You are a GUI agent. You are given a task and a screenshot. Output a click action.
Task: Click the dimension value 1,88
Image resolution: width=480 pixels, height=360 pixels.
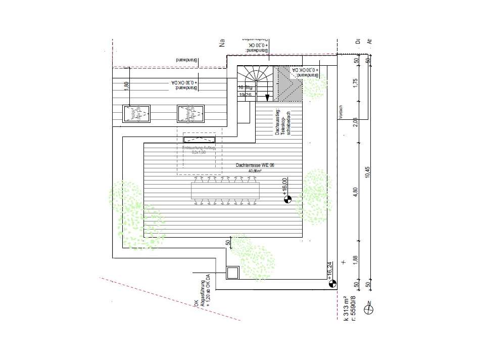point(355,259)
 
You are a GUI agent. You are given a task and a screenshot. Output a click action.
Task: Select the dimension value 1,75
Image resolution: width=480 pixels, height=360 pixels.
point(355,84)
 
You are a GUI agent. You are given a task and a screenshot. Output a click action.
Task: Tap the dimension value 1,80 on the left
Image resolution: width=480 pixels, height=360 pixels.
point(127,85)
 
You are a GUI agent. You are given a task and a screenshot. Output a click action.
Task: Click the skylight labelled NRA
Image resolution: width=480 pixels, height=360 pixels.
point(137,114)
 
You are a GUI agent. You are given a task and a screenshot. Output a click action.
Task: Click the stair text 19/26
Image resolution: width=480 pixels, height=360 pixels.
point(245,94)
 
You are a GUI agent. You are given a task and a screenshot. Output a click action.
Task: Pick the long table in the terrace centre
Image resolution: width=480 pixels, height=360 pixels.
point(226,191)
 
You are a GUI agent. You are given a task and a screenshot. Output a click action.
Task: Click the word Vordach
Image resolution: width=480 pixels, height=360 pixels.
point(341,112)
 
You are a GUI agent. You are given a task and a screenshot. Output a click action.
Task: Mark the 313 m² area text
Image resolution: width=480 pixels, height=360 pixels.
point(346,308)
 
